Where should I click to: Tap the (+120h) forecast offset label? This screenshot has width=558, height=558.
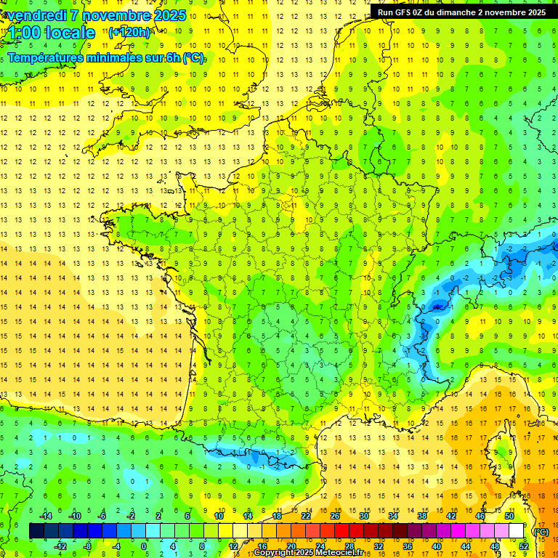point(129,32)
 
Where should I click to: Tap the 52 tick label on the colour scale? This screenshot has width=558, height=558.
point(523,546)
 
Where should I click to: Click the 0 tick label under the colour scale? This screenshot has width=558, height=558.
point(144,546)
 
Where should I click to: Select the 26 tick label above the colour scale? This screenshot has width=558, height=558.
point(335,515)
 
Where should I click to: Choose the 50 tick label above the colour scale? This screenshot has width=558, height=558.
point(509,515)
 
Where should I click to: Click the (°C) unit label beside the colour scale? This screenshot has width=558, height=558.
point(541,531)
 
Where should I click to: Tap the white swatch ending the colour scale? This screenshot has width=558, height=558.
point(517,530)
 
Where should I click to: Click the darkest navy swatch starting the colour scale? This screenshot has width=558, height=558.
point(36,530)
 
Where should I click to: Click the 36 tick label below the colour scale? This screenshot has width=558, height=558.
point(407,546)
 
